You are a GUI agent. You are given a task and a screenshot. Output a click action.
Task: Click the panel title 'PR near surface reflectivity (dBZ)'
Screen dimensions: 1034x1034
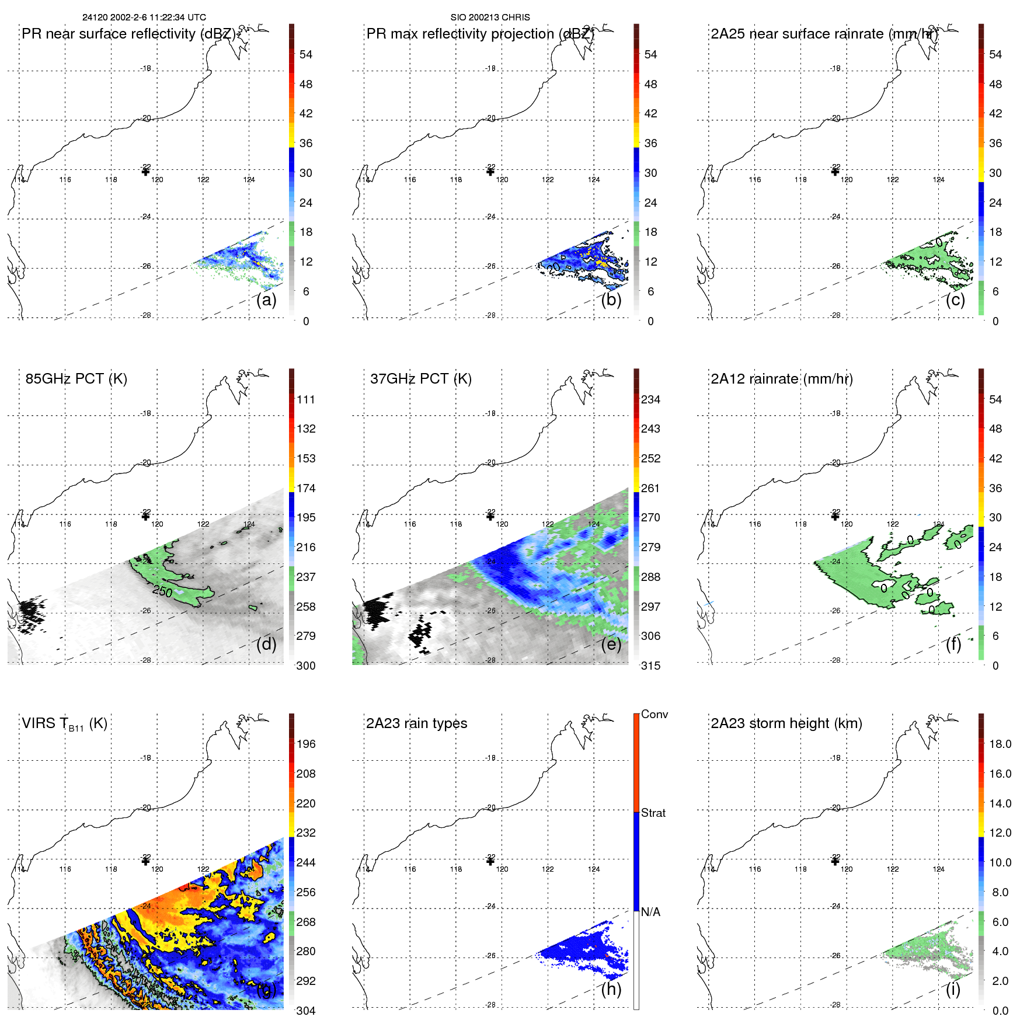coord(129,34)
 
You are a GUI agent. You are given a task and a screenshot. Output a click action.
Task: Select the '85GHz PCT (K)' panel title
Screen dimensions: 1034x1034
coord(76,379)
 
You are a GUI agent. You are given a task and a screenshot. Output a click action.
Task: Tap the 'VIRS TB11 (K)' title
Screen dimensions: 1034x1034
coord(64,724)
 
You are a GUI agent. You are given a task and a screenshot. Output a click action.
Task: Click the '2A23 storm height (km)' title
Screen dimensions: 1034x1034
coord(786,724)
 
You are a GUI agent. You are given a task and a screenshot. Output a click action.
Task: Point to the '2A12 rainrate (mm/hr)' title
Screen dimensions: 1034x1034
coord(781,379)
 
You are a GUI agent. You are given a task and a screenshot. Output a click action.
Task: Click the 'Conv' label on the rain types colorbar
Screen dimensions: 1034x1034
coord(654,715)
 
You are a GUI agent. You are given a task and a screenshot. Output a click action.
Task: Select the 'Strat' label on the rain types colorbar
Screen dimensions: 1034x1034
coord(653,813)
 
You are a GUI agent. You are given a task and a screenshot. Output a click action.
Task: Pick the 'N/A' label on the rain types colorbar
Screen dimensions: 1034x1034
coord(650,912)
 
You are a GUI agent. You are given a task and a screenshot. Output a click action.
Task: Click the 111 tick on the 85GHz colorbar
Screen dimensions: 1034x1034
coord(306,400)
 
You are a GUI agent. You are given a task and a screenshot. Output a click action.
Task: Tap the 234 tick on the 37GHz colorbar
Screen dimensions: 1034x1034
coord(650,400)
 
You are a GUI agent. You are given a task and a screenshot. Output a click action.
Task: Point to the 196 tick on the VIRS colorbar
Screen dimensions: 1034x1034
coord(306,744)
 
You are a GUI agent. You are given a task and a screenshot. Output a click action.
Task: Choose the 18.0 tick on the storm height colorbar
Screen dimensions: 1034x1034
coord(1000,744)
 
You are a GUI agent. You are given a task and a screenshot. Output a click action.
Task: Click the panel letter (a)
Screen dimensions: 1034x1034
coord(266,300)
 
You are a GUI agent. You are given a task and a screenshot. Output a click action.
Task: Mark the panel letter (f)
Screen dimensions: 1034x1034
coord(954,644)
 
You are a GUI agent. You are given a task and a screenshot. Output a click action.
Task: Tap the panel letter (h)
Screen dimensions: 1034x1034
coord(611,989)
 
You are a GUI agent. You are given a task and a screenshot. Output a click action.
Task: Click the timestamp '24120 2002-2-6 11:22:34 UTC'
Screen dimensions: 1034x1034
coord(144,18)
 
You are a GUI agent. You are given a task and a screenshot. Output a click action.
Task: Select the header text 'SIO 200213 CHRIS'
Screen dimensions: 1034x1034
coord(490,18)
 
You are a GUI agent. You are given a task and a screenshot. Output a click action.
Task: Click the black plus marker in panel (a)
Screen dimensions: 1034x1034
coord(145,172)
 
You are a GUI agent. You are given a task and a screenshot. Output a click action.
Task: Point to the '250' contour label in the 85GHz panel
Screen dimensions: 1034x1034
coord(162,591)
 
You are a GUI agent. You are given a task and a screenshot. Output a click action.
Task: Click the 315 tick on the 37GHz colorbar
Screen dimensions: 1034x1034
coord(650,666)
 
